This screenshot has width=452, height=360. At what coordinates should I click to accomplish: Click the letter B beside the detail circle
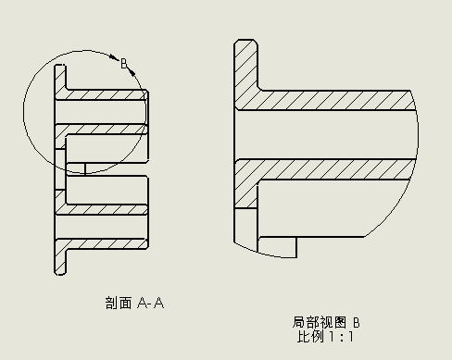(122, 63)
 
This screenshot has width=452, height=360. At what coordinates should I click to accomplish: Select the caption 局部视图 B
(325, 322)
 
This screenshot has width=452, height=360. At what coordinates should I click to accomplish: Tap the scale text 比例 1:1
(325, 337)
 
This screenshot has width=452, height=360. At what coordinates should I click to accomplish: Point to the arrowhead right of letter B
(132, 70)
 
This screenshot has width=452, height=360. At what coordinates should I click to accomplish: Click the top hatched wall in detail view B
(324, 100)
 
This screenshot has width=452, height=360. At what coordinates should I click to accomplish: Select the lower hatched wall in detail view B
(324, 170)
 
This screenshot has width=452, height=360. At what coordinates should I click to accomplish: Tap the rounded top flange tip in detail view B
(245, 46)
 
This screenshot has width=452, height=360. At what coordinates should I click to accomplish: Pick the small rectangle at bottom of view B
(276, 247)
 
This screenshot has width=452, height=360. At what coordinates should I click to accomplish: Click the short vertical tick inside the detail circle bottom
(84, 168)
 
